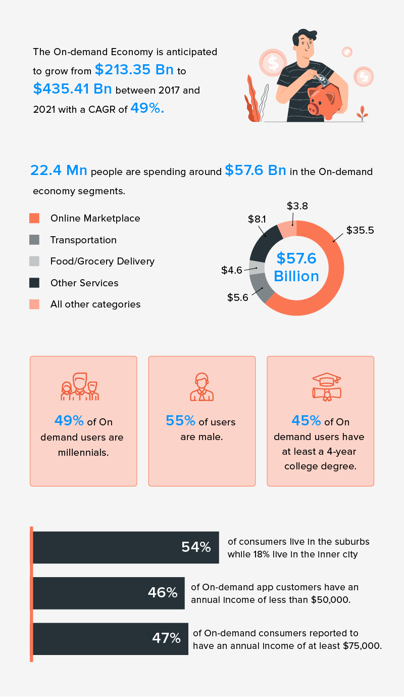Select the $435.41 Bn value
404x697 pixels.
click(x=72, y=89)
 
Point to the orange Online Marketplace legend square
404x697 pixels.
click(x=34, y=218)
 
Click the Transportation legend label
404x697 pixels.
click(x=83, y=240)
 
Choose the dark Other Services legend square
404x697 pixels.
click(x=34, y=283)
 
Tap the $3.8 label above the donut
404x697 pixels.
click(x=297, y=206)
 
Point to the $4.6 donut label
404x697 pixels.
click(x=231, y=270)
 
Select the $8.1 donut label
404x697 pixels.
click(x=258, y=219)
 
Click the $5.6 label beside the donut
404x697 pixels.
click(x=237, y=297)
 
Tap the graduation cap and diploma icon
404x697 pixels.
click(x=320, y=387)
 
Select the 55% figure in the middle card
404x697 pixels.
click(x=180, y=421)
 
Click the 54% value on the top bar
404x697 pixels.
click(x=195, y=547)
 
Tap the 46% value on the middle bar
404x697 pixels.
click(x=163, y=592)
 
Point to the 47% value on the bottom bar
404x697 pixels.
click(x=166, y=638)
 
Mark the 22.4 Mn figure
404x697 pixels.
click(x=59, y=170)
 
